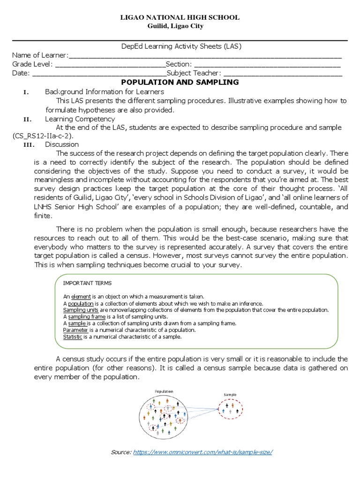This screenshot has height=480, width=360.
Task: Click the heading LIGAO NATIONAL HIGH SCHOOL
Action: [180, 17]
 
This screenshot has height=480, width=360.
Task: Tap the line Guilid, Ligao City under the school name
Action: [180, 26]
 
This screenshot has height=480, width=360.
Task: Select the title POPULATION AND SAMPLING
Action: [180, 82]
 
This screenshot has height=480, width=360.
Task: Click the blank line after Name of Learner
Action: [205, 56]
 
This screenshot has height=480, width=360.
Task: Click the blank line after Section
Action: [267, 65]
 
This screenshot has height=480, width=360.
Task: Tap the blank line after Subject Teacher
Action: [283, 74]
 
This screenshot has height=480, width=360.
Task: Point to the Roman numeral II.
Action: [26, 119]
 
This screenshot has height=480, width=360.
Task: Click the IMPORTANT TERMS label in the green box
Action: [87, 283]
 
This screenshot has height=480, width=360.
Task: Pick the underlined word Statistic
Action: [73, 337]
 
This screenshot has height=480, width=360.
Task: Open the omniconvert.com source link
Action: [202, 452]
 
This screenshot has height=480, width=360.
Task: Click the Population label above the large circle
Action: [163, 391]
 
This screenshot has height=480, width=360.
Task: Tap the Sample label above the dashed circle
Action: [230, 395]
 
